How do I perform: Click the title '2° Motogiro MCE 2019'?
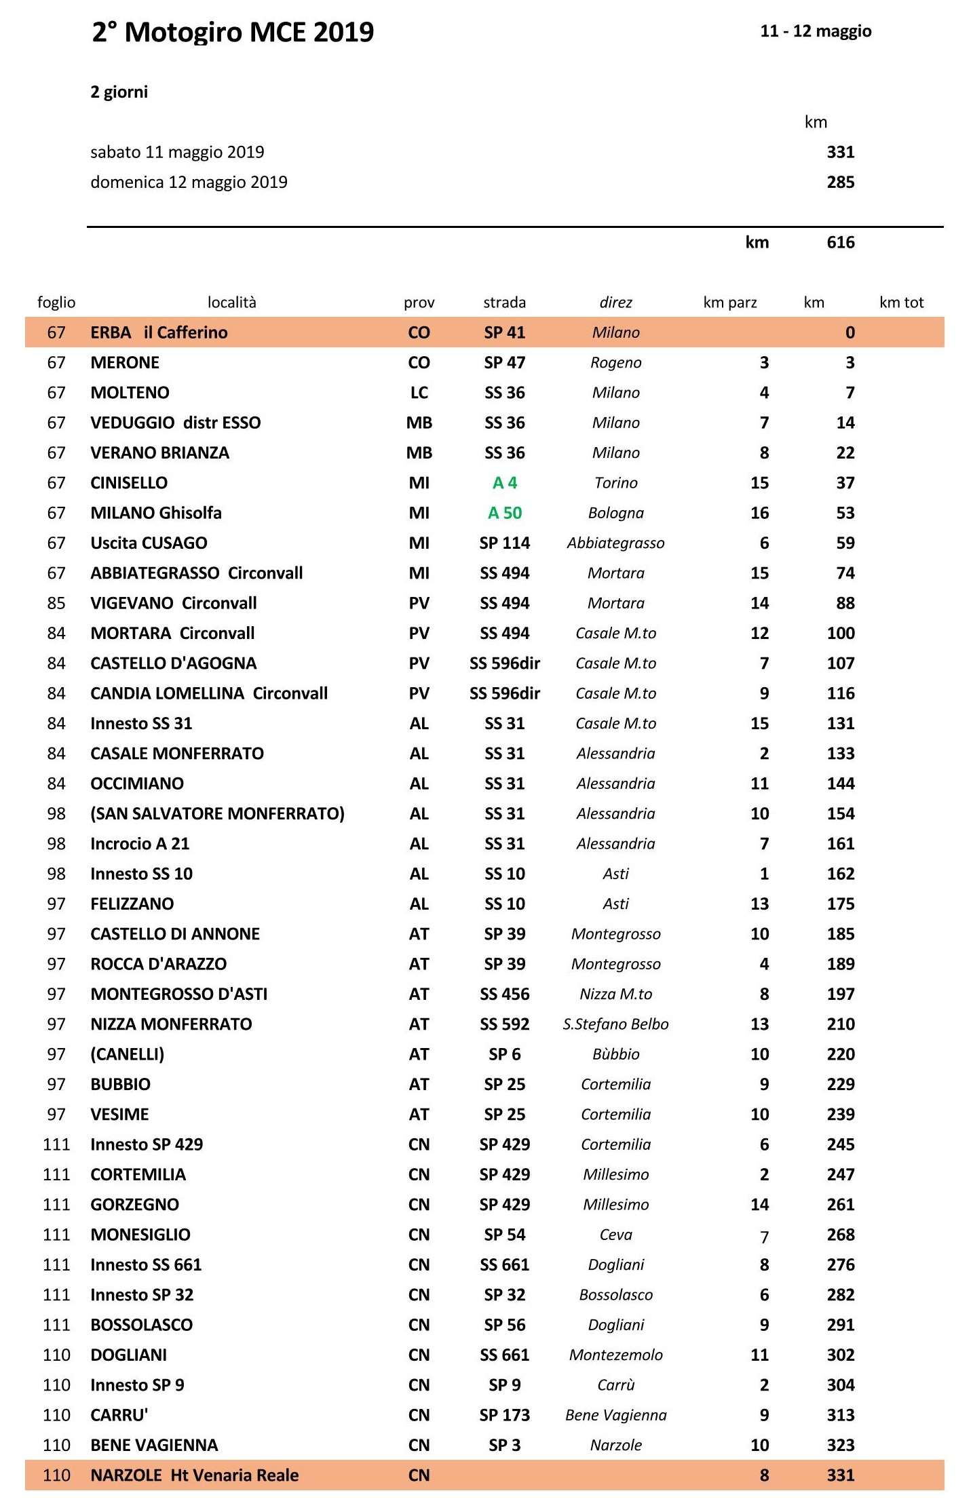click(233, 33)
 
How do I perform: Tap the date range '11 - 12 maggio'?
click(816, 31)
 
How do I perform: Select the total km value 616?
click(840, 243)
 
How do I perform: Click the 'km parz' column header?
click(729, 303)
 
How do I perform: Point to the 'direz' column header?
click(615, 303)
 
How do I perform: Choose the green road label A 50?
click(505, 513)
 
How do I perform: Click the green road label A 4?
click(505, 483)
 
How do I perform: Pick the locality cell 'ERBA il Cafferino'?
click(159, 332)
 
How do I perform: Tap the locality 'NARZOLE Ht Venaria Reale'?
click(195, 1475)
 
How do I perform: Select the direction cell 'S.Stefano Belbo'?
click(615, 1024)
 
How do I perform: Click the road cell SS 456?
click(505, 994)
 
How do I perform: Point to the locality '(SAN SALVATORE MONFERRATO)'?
click(217, 814)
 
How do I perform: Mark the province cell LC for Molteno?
click(419, 393)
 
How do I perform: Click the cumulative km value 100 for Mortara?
click(840, 634)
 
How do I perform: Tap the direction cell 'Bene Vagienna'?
click(615, 1415)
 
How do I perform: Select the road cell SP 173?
click(505, 1415)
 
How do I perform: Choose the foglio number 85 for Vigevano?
click(56, 603)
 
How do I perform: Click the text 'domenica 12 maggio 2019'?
click(189, 182)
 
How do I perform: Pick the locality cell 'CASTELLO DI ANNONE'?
click(175, 934)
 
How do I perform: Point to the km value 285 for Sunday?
click(840, 182)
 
